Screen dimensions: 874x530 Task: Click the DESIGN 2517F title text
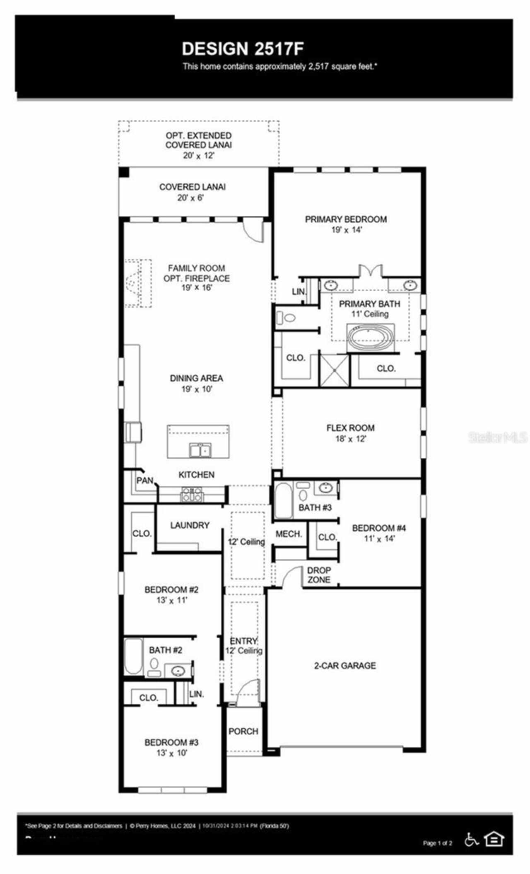coord(243,49)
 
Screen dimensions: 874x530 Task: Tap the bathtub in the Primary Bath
coord(371,337)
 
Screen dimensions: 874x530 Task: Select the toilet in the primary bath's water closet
coord(286,318)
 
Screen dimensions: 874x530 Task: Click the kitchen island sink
coord(200,450)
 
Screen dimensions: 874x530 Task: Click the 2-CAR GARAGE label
coord(345,665)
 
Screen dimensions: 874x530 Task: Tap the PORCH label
coord(243,731)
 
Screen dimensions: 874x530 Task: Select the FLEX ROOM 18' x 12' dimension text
coord(350,439)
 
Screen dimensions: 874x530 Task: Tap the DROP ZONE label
coord(319,575)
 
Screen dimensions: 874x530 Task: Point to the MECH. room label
coord(289,534)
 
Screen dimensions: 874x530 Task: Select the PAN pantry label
coord(145,480)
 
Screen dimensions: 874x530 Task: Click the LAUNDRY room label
coord(190,525)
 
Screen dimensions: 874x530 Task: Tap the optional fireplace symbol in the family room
coord(138,283)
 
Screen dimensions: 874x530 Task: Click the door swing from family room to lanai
coord(253,230)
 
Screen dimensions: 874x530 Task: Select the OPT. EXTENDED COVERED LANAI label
coord(198,140)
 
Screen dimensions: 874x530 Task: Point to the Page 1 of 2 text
coord(437,843)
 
